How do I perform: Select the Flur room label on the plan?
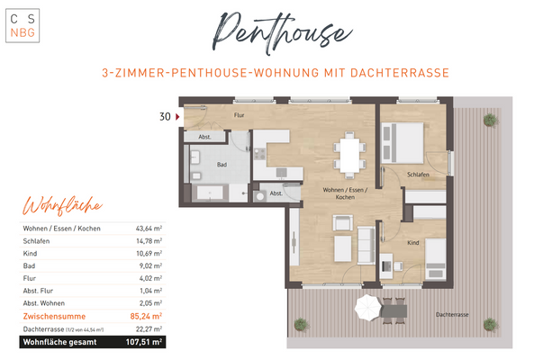239,116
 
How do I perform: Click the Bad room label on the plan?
222,165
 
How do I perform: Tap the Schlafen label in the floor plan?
417,174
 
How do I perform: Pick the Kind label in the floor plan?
413,242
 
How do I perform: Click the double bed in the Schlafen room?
403,140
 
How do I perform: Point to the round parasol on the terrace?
368,309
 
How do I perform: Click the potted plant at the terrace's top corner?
489,119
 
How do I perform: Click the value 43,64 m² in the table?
148,229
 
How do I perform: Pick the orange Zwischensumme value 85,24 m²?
144,316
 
